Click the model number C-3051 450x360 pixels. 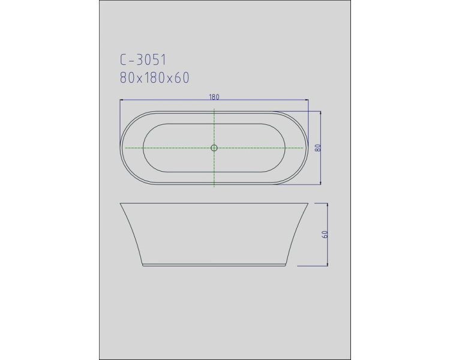point(143,60)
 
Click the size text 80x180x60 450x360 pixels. point(154,77)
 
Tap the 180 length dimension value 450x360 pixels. point(214,97)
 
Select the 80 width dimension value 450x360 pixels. point(317,148)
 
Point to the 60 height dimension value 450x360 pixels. point(325,234)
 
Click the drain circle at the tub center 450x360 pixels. point(214,148)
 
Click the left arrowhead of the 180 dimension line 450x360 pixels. point(121,100)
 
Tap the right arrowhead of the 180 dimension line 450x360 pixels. point(307,100)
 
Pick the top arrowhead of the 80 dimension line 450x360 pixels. point(320,113)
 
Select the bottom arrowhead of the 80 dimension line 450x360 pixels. point(320,183)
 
